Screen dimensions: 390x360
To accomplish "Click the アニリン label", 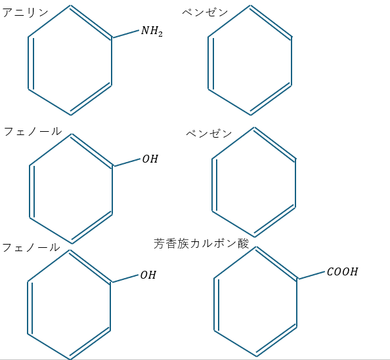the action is (x=25, y=12).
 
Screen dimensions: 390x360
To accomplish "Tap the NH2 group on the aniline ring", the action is (x=152, y=31).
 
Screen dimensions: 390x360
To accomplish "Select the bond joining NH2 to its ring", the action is (x=125, y=34).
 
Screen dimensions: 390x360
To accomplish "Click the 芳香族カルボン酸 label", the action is (x=201, y=243).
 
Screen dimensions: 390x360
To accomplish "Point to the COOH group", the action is (x=343, y=271).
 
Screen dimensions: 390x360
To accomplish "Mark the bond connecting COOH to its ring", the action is (x=311, y=275).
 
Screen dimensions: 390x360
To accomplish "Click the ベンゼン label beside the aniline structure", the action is (x=205, y=12).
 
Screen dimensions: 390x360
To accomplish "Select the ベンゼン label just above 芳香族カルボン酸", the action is (x=209, y=133).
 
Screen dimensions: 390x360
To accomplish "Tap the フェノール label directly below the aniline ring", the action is (x=33, y=131).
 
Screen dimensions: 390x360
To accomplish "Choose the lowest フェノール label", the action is (x=31, y=247).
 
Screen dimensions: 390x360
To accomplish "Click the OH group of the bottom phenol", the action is (x=148, y=275).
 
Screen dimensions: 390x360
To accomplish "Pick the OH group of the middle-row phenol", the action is (x=150, y=159).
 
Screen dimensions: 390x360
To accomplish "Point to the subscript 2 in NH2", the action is (x=160, y=34).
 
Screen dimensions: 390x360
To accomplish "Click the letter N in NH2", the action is (x=145, y=31).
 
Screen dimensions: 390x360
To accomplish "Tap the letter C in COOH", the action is (x=330, y=271).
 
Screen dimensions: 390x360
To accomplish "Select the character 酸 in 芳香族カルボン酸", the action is (x=243, y=243).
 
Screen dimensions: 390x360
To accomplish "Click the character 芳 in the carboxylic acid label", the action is (x=160, y=243).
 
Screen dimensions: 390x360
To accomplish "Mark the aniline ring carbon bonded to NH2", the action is (x=112, y=38).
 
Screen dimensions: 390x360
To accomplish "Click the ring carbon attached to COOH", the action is (x=297, y=279).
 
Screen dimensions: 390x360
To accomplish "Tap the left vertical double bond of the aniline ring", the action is (x=31, y=63).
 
